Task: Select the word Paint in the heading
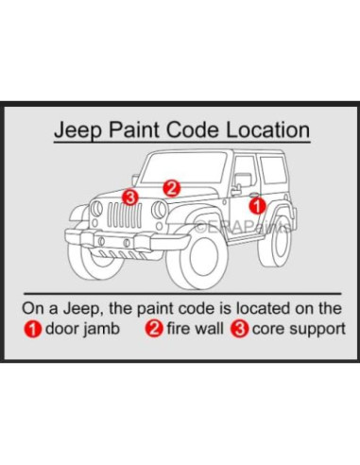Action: click(x=140, y=129)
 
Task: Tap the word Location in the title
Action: click(x=269, y=129)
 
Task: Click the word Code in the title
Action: click(x=198, y=129)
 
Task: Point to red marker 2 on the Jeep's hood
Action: click(x=171, y=187)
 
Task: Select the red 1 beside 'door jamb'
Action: click(x=33, y=330)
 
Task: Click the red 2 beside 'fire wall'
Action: click(x=151, y=330)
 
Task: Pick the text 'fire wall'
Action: click(x=191, y=330)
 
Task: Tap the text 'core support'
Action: click(x=298, y=330)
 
